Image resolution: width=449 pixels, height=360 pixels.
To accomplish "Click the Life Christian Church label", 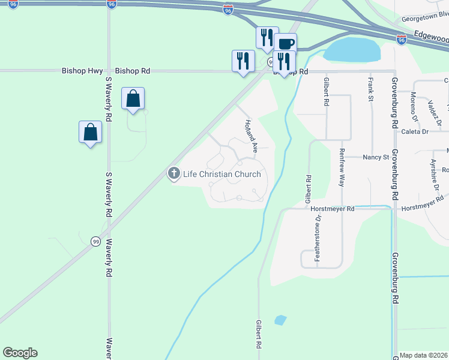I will tap(221, 175).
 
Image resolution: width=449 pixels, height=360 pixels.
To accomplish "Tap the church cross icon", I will tap(174, 174).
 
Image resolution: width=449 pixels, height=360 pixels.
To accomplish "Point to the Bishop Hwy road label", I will tap(82, 71).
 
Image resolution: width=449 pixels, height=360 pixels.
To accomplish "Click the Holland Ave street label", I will tap(251, 136).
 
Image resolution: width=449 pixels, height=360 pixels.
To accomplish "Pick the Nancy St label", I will tap(376, 157).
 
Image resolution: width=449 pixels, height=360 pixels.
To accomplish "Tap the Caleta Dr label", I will tap(415, 131).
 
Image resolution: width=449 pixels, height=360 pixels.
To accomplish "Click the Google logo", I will tap(20, 353).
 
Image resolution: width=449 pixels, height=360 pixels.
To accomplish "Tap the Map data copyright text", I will tap(424, 355).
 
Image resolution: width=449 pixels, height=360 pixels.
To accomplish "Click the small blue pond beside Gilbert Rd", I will tap(280, 320).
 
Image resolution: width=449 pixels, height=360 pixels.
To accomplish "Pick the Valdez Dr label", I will tap(435, 111).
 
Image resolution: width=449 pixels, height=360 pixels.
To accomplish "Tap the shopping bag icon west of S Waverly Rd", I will tap(90, 133).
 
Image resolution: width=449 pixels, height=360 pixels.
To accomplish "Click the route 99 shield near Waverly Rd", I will tap(95, 241).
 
